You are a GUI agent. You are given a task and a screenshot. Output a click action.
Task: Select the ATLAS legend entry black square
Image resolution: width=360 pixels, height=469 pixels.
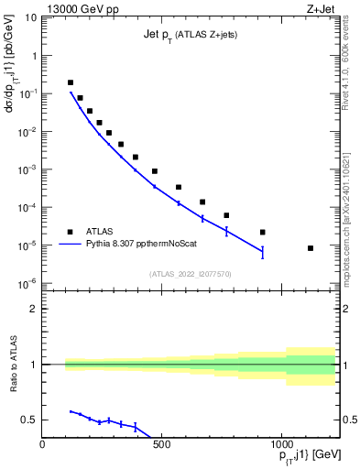tap(70, 232)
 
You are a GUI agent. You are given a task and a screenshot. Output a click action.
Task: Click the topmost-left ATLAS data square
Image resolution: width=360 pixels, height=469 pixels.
tap(71, 82)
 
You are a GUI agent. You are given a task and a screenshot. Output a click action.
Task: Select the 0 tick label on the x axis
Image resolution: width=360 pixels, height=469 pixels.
tap(43, 446)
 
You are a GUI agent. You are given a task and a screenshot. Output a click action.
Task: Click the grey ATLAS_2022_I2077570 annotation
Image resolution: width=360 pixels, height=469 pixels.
tap(189, 273)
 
